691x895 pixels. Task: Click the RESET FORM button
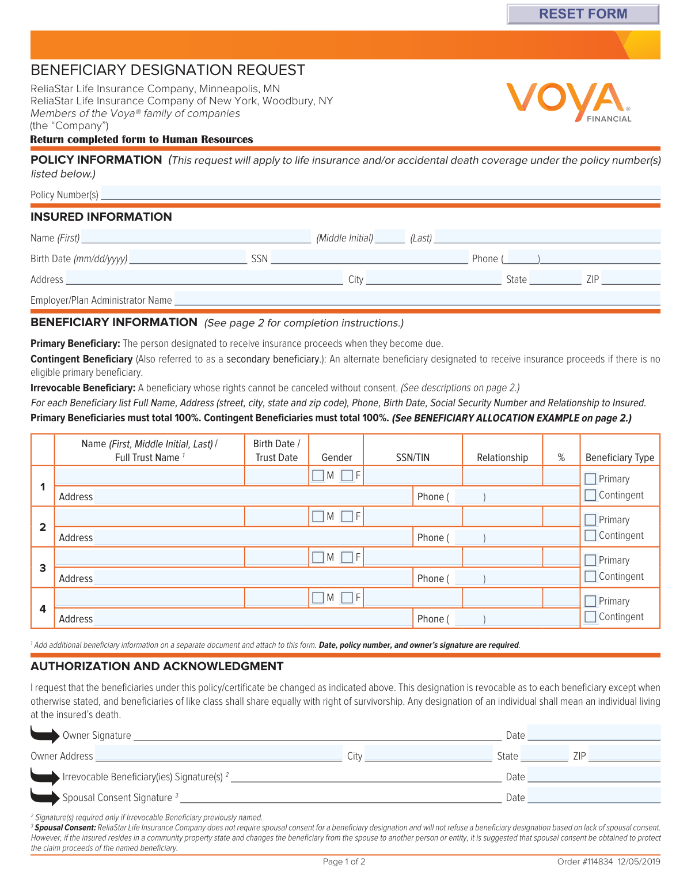click(x=583, y=14)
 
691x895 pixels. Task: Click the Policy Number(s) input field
click(x=380, y=193)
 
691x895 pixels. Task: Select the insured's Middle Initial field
click(x=390, y=237)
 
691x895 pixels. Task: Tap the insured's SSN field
click(x=369, y=258)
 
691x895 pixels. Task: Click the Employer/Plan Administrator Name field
click(x=417, y=299)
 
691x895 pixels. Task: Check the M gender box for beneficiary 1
click(x=318, y=475)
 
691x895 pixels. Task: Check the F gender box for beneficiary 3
click(x=347, y=557)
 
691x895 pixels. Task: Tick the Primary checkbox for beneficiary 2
click(x=590, y=520)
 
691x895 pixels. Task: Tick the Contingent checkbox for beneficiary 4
click(x=590, y=617)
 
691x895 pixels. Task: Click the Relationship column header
click(x=502, y=458)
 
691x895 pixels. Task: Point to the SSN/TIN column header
click(x=412, y=458)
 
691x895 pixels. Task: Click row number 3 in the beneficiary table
click(x=43, y=568)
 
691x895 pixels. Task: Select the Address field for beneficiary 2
click(x=252, y=537)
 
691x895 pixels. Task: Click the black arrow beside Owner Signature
click(x=45, y=735)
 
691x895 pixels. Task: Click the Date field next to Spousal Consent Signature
click(x=594, y=796)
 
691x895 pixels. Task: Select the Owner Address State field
click(x=544, y=755)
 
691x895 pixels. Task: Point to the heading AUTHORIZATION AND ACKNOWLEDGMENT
click(x=157, y=666)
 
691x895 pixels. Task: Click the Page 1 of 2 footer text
click(x=344, y=862)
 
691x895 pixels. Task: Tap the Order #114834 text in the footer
click(x=585, y=862)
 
